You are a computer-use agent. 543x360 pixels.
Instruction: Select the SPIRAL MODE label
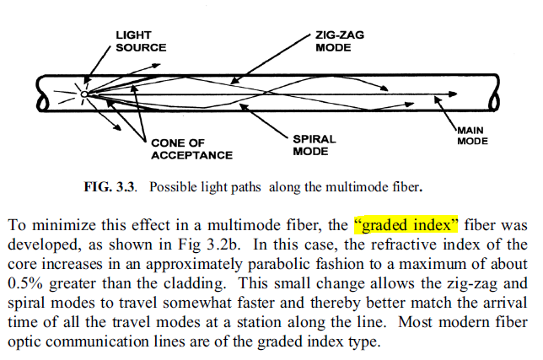point(314,145)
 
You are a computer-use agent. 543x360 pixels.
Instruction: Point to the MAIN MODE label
point(472,136)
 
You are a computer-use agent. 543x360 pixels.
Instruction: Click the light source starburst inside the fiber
point(84,92)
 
